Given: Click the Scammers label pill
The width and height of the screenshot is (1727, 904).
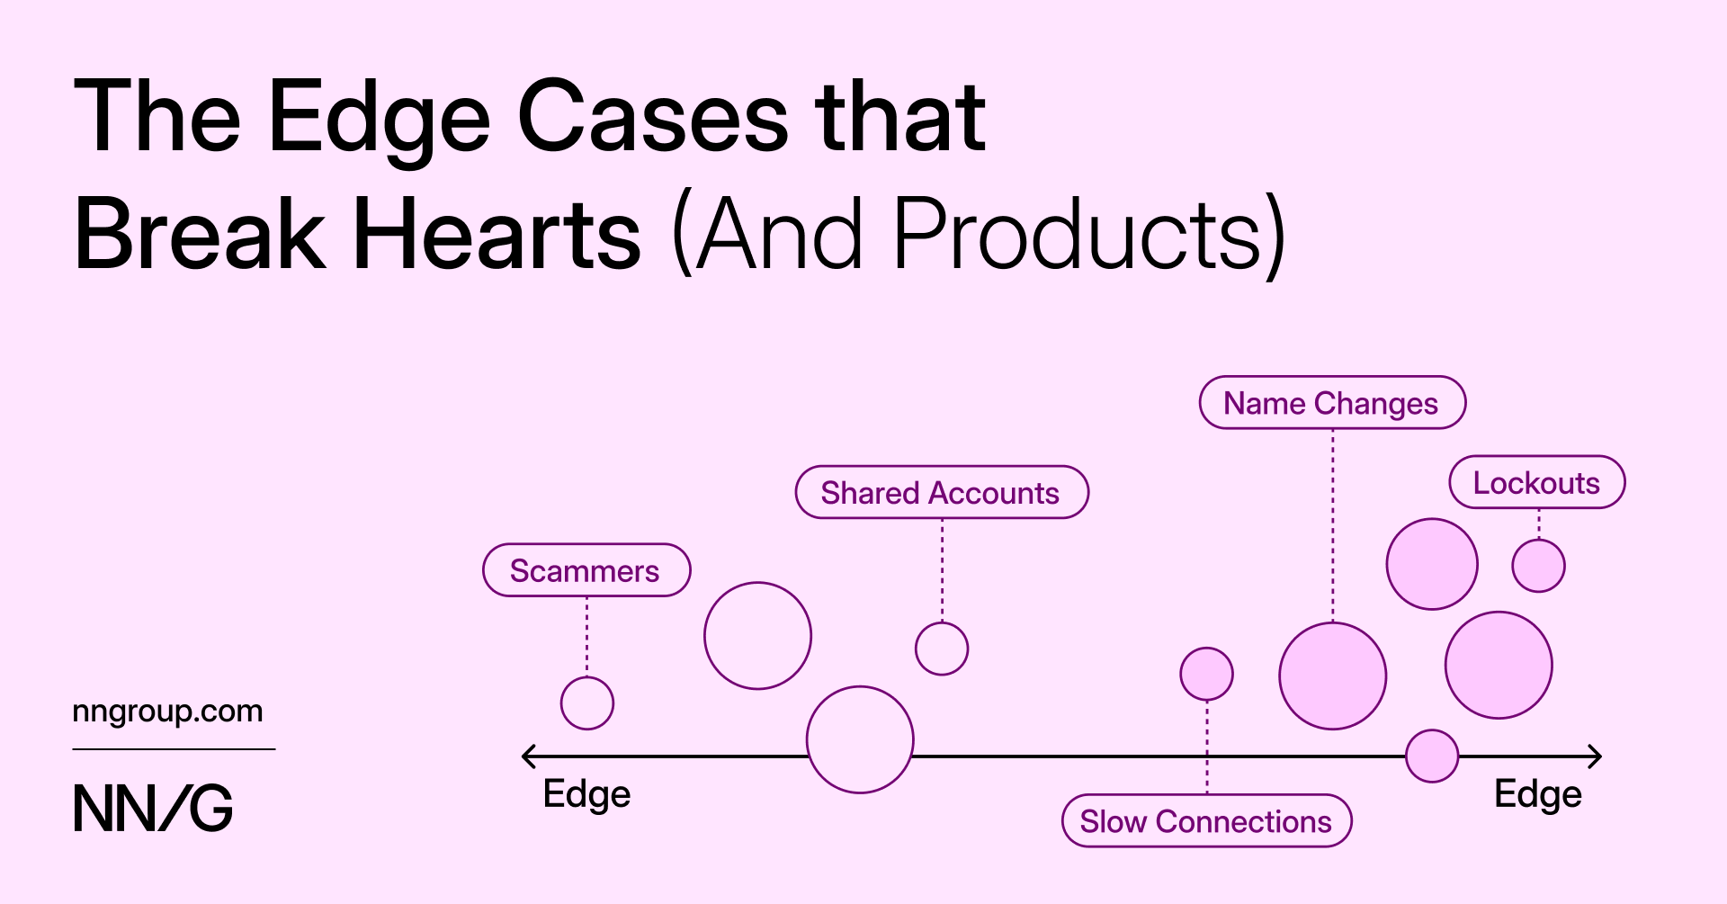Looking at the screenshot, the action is [586, 570].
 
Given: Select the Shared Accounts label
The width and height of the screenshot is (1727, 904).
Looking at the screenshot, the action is [942, 492].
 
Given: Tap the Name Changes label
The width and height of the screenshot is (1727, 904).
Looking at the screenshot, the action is [1332, 403].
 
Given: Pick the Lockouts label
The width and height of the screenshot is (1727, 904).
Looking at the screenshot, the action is [1537, 482].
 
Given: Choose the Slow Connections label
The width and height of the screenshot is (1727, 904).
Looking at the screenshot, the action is [1206, 820].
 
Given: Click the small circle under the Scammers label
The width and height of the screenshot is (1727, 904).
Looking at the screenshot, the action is [587, 703].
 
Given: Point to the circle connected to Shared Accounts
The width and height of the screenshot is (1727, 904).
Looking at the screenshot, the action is [942, 649].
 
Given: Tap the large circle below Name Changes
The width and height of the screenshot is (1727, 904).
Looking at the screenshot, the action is [1333, 676].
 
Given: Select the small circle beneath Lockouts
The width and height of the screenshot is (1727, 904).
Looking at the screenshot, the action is [1539, 566].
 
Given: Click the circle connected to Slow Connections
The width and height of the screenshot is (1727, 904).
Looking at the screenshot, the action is [1207, 674].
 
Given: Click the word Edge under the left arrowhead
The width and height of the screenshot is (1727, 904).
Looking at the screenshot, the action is [587, 794].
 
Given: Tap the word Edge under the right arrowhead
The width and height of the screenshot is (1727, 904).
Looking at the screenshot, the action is [1538, 794].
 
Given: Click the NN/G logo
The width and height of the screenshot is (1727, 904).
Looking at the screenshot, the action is [153, 808].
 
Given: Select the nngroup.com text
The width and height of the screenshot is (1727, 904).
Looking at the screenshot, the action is [167, 712].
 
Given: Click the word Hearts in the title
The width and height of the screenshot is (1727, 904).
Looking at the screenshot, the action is [497, 234].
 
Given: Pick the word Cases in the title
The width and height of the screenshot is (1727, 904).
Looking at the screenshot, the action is [653, 117].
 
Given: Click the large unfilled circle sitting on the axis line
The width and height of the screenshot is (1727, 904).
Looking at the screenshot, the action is [808, 740].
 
